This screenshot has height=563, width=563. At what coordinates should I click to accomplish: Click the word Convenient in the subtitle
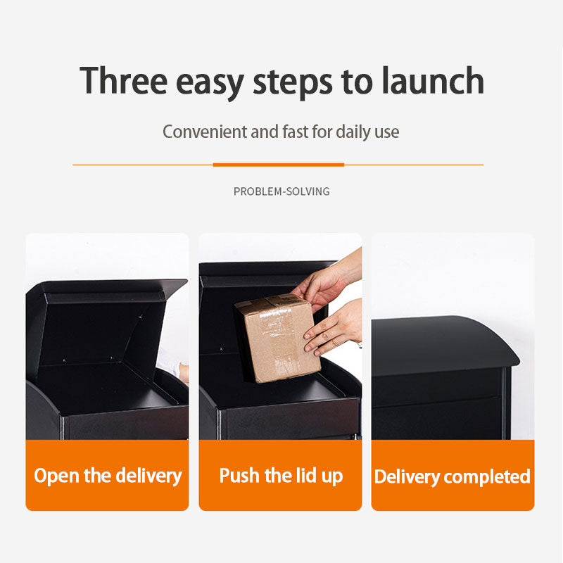click(205, 132)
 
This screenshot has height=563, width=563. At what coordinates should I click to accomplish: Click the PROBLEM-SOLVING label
click(281, 191)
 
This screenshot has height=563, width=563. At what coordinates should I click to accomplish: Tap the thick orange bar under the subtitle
click(279, 165)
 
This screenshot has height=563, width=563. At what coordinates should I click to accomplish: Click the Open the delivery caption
click(108, 476)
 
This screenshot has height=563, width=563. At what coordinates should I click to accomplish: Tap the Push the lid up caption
click(281, 476)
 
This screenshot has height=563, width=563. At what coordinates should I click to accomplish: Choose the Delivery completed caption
click(453, 476)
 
